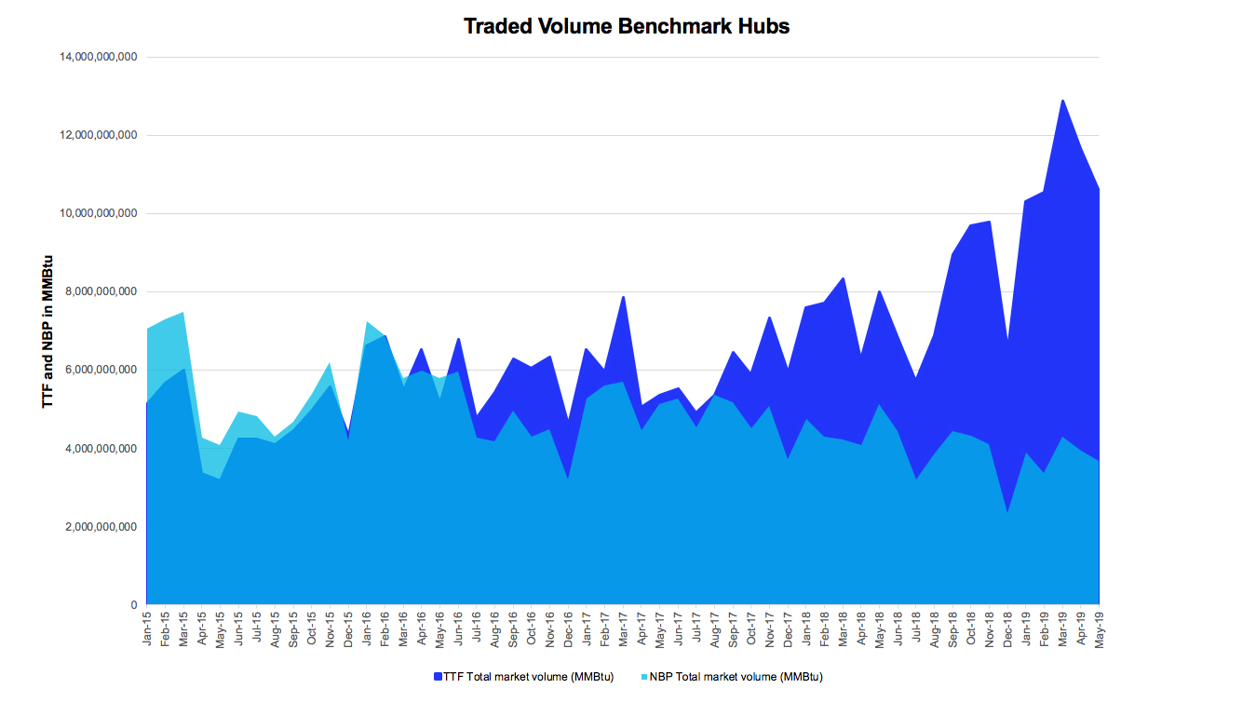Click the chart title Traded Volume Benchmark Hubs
(x=627, y=26)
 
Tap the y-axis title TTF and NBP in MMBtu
(x=47, y=331)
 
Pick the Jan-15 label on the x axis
(x=147, y=629)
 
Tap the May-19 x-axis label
(x=1100, y=629)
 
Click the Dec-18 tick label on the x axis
(x=1007, y=629)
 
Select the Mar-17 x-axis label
(x=623, y=629)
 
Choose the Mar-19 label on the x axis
(x=1062, y=629)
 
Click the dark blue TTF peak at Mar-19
(x=1062, y=101)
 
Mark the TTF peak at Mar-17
(x=623, y=297)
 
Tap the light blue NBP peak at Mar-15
(x=183, y=313)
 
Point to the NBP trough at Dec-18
(x=1007, y=511)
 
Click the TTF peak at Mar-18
(x=843, y=278)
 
